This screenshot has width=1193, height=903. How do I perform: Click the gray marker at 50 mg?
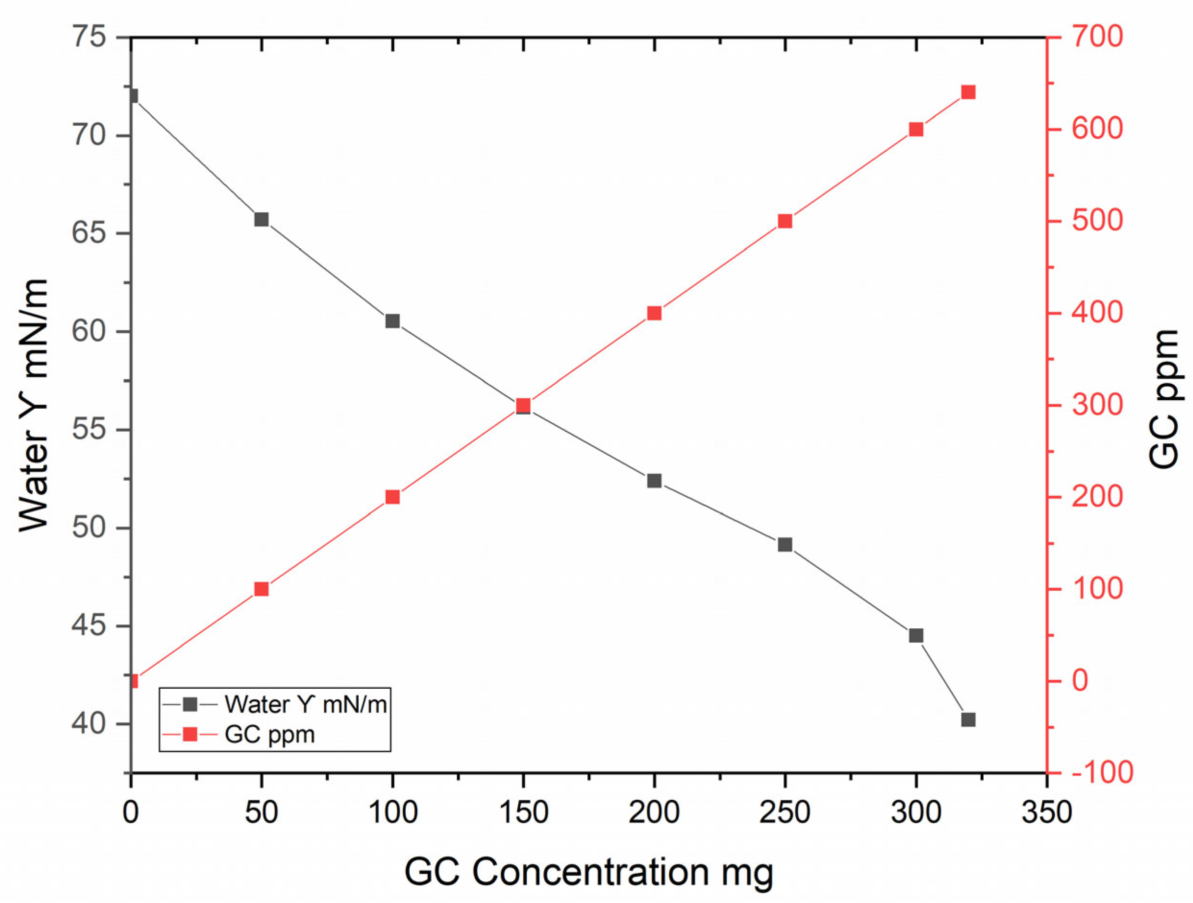(x=262, y=219)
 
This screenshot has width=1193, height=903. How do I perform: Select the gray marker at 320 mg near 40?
(x=968, y=720)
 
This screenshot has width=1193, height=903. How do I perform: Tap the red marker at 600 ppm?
(x=916, y=130)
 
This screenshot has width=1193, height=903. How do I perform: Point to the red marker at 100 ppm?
(x=262, y=588)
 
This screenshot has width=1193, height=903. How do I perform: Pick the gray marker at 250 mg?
(x=785, y=545)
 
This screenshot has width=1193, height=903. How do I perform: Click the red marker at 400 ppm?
(x=654, y=313)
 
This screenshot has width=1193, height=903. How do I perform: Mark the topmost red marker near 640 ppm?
(x=968, y=92)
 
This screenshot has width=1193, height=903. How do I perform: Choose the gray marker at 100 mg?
(x=393, y=321)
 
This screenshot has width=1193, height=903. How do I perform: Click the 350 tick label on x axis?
(x=1047, y=812)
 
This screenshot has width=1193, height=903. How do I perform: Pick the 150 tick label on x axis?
(x=523, y=812)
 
